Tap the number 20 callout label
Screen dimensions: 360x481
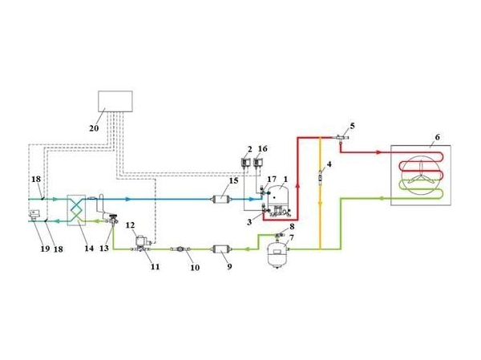point(94,128)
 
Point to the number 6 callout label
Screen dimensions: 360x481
point(437,138)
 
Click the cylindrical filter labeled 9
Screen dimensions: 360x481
point(220,249)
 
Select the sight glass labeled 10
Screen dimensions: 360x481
point(181,249)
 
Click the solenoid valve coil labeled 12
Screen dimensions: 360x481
point(142,239)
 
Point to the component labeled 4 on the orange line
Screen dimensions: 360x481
point(320,177)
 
